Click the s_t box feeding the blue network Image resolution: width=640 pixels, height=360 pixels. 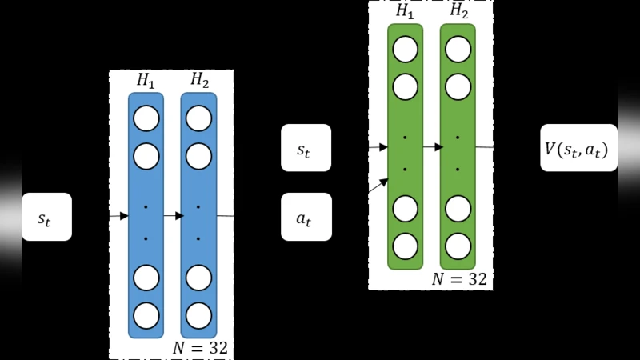[x=46, y=217]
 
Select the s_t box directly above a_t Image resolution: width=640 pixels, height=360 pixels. [x=306, y=148]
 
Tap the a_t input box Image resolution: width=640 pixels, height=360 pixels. [x=306, y=217]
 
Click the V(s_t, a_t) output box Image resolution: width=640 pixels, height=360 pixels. [x=578, y=148]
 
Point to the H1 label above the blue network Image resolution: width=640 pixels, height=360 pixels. [x=146, y=80]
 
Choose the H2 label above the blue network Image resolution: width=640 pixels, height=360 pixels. [x=198, y=80]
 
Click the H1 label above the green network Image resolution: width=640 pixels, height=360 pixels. [x=405, y=10]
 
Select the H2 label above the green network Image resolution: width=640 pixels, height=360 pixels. [x=458, y=10]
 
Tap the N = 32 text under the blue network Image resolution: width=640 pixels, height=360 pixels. [x=200, y=348]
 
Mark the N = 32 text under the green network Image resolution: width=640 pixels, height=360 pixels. [x=459, y=279]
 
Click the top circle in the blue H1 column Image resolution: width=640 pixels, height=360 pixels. [x=146, y=118]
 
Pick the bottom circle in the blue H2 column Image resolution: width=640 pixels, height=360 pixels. [x=198, y=314]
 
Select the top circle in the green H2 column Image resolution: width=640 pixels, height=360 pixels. [x=458, y=50]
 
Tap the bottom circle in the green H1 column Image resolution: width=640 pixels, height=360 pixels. [x=405, y=246]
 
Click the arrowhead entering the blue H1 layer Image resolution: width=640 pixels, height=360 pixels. [x=123, y=216]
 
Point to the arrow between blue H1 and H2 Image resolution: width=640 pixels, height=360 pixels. [x=173, y=216]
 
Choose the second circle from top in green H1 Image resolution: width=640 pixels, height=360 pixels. [x=405, y=86]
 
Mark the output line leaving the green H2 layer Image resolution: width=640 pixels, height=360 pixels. [x=484, y=147]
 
